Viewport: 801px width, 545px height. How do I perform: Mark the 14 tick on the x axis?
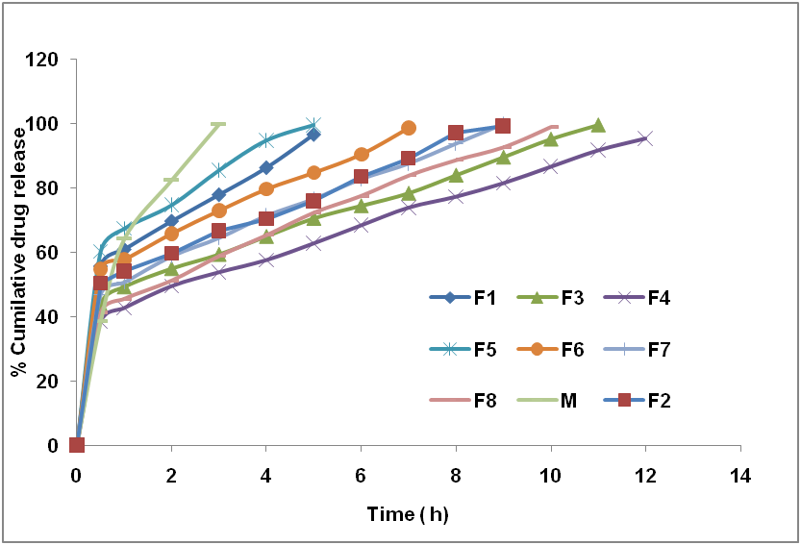(x=739, y=474)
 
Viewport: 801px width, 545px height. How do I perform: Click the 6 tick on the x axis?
(x=361, y=474)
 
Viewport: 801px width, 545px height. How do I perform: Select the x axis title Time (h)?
(x=408, y=514)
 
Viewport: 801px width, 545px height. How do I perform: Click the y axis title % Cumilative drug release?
(x=18, y=252)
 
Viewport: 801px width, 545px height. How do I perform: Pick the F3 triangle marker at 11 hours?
(x=598, y=125)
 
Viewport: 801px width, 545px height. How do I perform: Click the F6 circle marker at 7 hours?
(x=409, y=128)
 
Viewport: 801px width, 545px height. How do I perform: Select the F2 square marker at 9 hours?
(x=503, y=126)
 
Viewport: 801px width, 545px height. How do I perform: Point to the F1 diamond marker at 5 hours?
(x=313, y=135)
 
